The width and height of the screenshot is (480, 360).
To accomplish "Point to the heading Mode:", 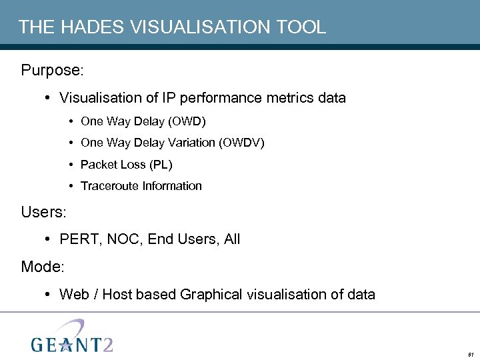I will tap(43, 267).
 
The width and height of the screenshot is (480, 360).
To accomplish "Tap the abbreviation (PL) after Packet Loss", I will tap(161, 164).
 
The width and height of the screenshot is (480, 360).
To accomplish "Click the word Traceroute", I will tap(108, 186).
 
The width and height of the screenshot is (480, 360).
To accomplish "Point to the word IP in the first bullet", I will tap(169, 98).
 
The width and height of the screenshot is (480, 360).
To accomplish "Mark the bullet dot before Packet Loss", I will tap(71, 164).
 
